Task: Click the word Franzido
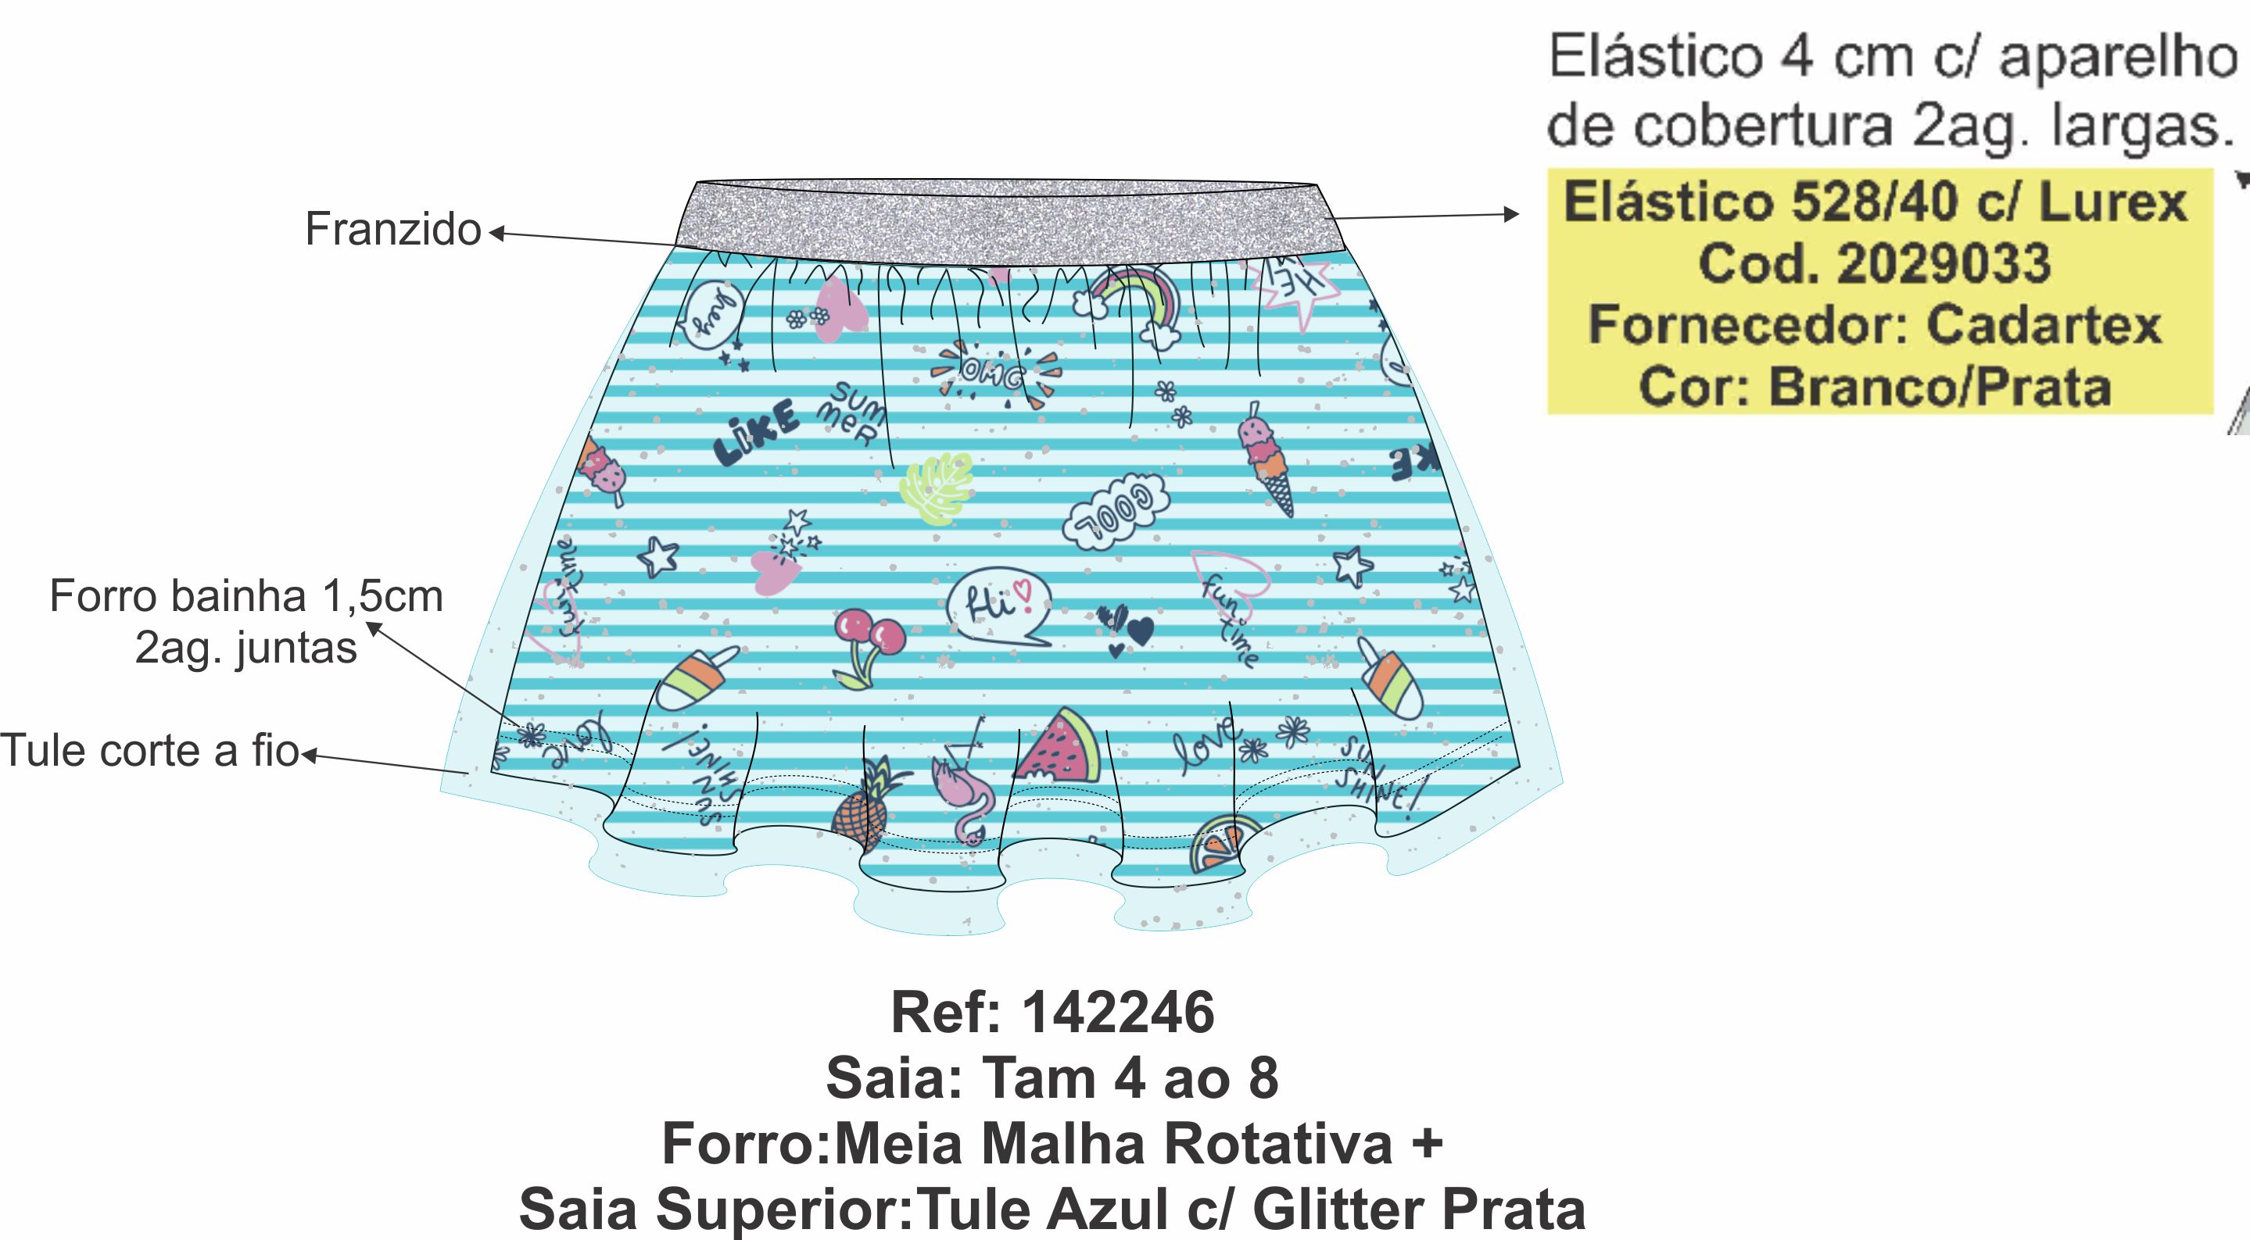[x=393, y=230]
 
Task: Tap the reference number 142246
[x=1118, y=1013]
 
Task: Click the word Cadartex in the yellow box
[x=2043, y=325]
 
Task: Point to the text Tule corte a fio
[x=149, y=750]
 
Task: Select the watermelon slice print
[x=1059, y=749]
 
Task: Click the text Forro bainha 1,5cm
[x=246, y=596]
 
